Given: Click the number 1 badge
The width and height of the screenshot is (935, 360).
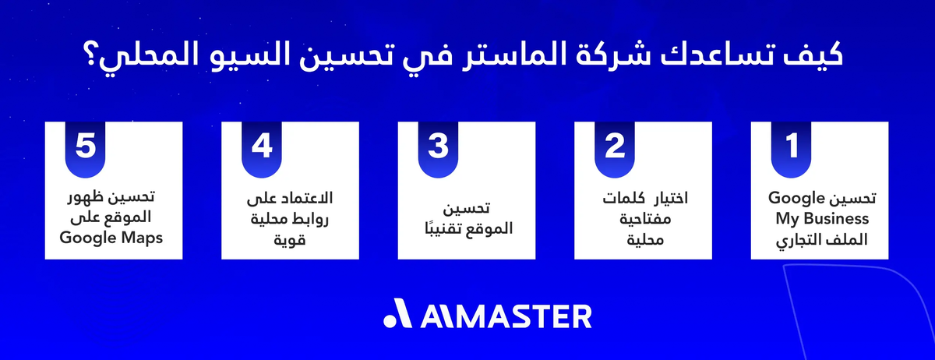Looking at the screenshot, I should click(x=792, y=146).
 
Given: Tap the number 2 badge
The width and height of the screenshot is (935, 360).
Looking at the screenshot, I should click(x=615, y=146).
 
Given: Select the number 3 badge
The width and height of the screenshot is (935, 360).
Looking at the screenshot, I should click(x=439, y=146).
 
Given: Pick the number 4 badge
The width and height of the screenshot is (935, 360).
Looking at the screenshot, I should click(x=262, y=146).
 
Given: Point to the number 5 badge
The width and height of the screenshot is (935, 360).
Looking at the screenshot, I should click(x=86, y=146).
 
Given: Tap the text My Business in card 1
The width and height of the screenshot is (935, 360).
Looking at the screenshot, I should click(x=821, y=219).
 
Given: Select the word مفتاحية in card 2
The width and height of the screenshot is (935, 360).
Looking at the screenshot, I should click(x=644, y=220).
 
